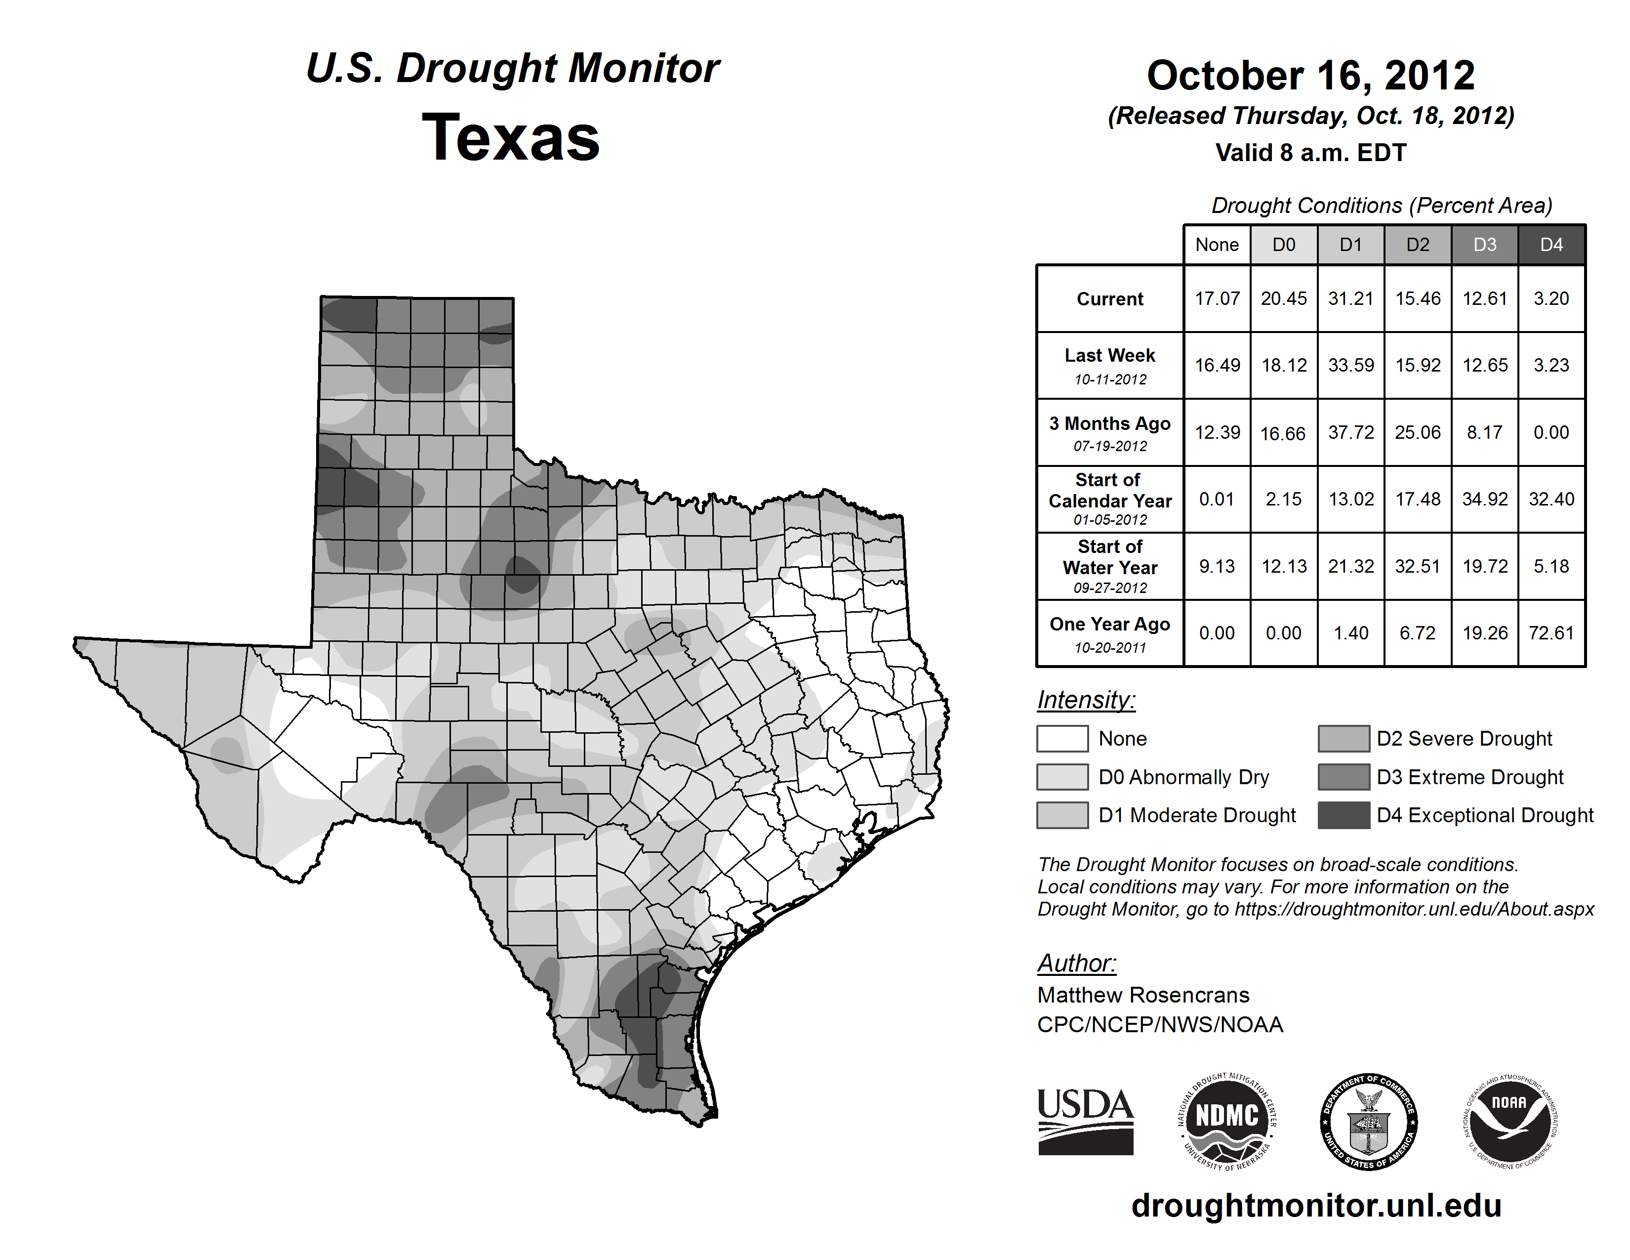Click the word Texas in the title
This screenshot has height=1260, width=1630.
(511, 138)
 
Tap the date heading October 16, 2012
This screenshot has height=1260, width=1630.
(1310, 76)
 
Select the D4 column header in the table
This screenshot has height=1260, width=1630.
(1551, 245)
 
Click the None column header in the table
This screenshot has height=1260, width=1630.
(1217, 245)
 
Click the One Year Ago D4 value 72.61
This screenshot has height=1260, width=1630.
(1551, 633)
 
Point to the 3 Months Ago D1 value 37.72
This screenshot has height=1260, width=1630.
(1351, 432)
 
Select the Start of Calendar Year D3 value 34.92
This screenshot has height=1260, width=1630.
(1484, 499)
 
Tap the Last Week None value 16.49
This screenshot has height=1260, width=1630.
(1217, 365)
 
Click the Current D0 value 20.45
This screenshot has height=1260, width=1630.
(1284, 298)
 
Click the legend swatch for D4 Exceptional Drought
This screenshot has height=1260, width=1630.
(1344, 815)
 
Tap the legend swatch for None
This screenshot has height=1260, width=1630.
(1062, 738)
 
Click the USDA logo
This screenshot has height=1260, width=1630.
(1085, 1121)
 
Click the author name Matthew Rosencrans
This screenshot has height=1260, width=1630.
(1142, 995)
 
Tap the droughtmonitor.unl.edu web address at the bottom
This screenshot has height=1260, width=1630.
(1316, 1206)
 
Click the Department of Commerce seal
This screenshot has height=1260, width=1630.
(1369, 1121)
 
